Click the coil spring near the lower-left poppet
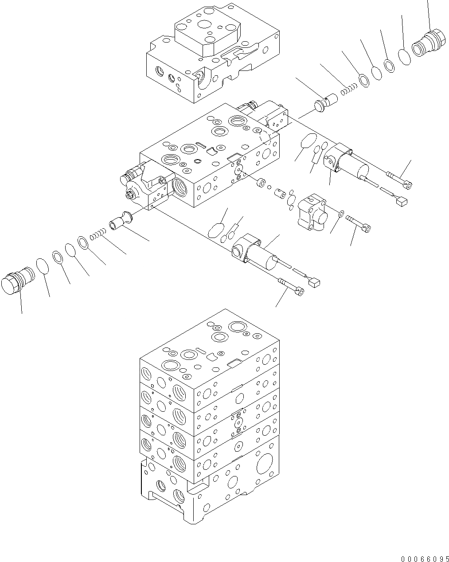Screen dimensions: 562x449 pyautogui.click(x=97, y=234)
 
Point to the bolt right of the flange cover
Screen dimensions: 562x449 pyautogui.click(x=359, y=223)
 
